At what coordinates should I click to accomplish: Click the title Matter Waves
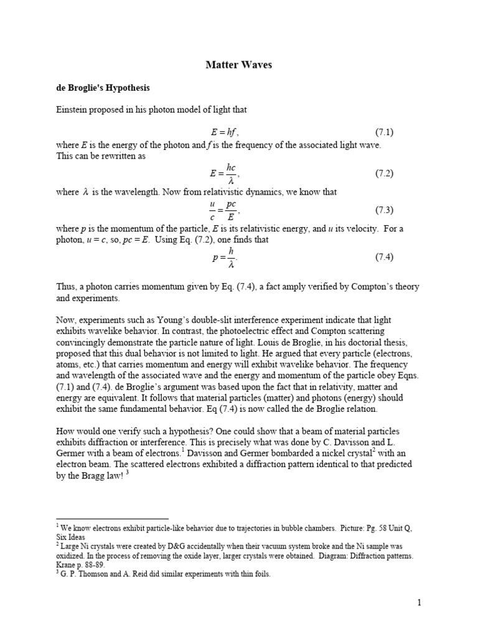(239, 65)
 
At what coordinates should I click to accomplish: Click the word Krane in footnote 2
(67, 565)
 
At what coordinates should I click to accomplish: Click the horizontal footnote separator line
(112, 518)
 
